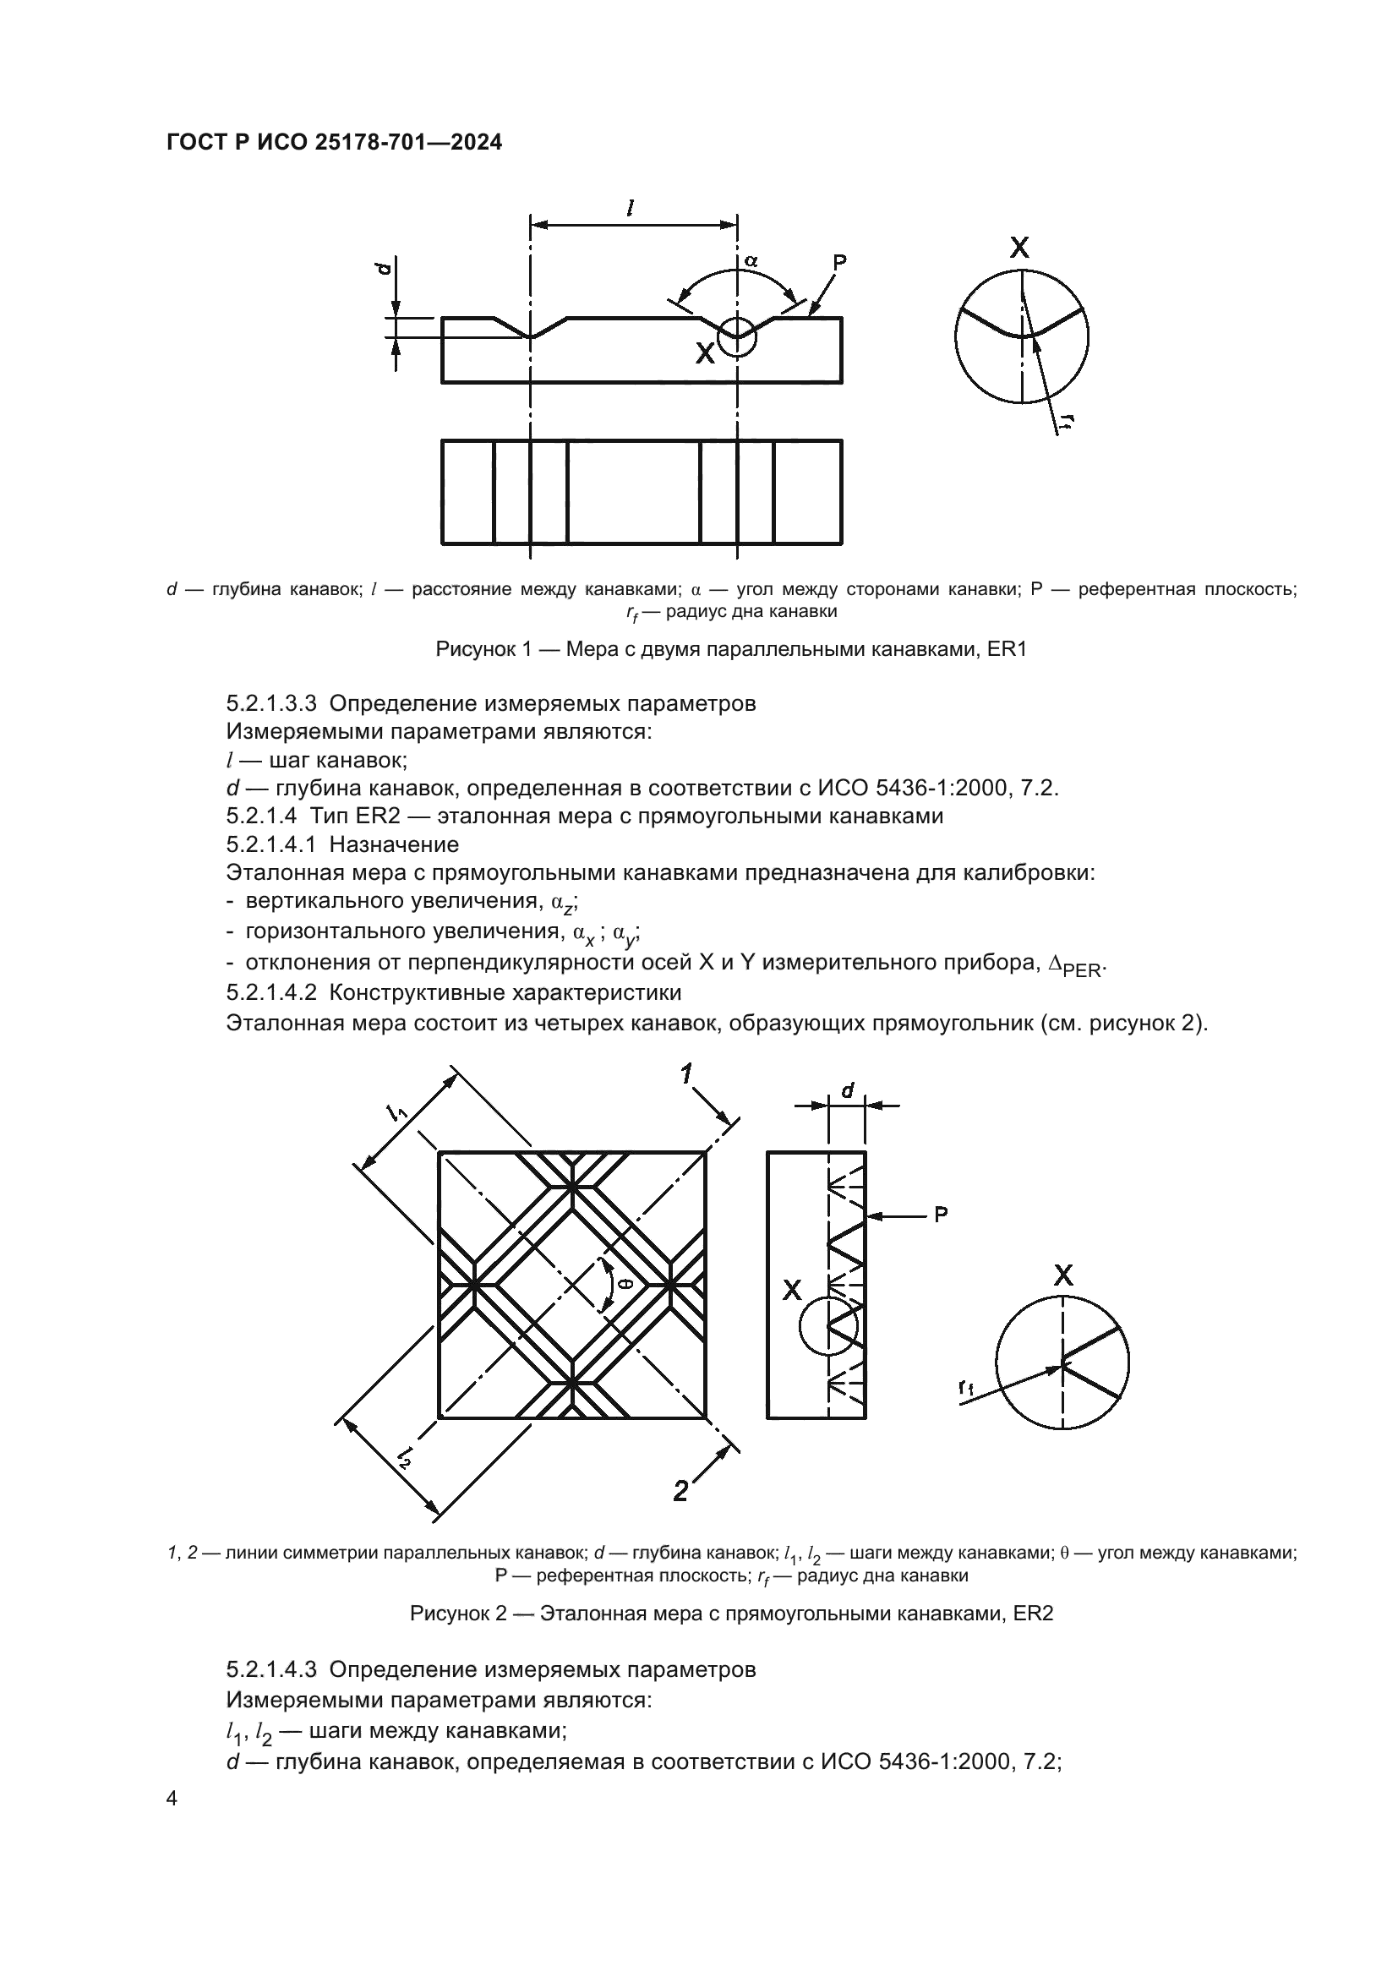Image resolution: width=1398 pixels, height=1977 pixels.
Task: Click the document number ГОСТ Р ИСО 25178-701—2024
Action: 334,143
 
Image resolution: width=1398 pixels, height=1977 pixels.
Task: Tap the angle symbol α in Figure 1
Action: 751,260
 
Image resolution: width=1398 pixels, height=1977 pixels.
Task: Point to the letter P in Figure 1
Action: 839,262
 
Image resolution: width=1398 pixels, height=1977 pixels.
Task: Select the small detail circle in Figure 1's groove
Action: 738,336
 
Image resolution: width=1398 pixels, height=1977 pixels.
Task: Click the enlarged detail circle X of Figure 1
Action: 1022,336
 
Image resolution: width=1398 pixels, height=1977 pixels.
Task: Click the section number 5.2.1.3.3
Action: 272,703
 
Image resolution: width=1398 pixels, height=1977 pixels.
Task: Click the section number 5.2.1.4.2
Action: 272,993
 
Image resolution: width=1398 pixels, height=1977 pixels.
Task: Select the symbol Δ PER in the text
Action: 1075,965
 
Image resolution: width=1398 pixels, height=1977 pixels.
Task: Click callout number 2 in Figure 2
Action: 680,1490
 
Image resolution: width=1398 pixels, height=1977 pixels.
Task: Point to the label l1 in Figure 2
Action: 398,1113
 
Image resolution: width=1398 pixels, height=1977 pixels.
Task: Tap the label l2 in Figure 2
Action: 404,1456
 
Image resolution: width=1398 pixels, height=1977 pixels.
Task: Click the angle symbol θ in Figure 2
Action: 625,1285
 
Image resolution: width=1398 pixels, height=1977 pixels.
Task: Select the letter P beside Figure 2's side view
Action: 941,1215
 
